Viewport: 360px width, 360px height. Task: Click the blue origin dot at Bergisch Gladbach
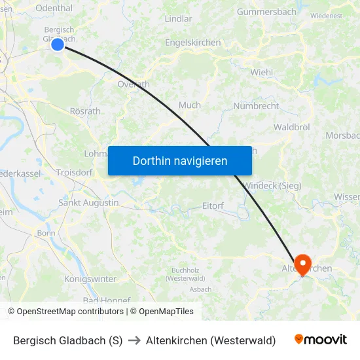tap(58, 44)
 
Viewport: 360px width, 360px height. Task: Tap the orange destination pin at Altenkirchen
tap(302, 264)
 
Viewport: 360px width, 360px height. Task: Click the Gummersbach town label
tap(267, 12)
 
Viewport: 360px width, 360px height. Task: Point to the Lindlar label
tap(179, 19)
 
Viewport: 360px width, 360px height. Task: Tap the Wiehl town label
tap(261, 73)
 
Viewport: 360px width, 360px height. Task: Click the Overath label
tap(133, 84)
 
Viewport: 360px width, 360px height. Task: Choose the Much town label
tap(190, 105)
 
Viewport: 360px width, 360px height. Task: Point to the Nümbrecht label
tap(256, 106)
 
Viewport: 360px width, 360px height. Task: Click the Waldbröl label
tap(292, 127)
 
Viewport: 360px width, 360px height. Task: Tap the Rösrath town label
tap(85, 111)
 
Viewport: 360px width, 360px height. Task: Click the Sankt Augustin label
tap(89, 203)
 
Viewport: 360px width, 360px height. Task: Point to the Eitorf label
tap(213, 206)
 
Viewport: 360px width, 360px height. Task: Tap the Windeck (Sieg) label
tap(272, 186)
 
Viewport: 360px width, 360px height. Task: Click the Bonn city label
tap(46, 233)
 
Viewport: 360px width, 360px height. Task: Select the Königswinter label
tap(90, 279)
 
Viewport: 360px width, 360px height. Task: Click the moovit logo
tap(320, 340)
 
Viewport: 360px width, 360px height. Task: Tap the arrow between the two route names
tap(134, 340)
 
